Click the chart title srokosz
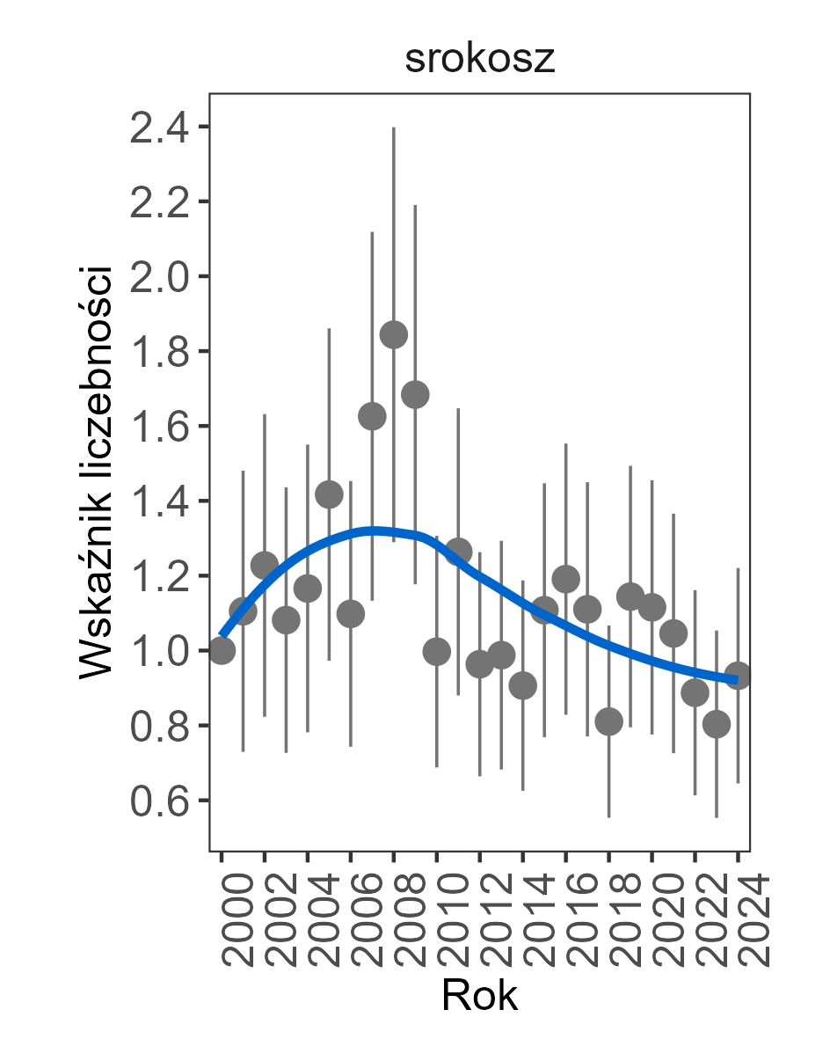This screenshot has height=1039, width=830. click(479, 60)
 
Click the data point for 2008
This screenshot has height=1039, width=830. click(393, 334)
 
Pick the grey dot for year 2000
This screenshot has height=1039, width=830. click(222, 650)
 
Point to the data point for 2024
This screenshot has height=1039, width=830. click(738, 676)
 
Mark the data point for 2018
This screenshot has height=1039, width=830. click(608, 722)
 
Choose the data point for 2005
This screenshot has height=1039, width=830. click(329, 494)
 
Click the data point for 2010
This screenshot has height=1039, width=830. click(436, 651)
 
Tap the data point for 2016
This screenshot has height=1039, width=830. click(565, 579)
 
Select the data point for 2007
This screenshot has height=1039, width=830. click(372, 416)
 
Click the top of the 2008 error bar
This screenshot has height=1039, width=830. click(393, 128)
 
